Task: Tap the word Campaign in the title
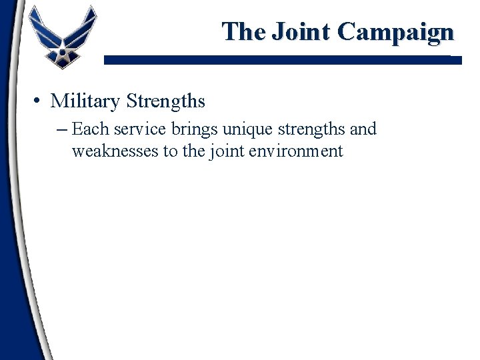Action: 396,31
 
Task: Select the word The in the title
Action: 243,31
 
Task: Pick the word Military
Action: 85,101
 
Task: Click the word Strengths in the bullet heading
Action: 165,102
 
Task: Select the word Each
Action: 87,129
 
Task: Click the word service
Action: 132,129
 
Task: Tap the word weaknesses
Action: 115,151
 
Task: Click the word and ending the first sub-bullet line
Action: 364,129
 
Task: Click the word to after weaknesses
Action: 170,151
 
